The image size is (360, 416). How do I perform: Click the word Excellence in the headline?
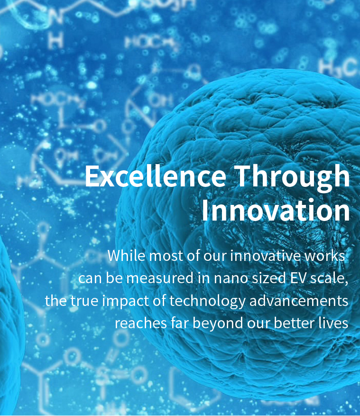pyautogui.click(x=156, y=176)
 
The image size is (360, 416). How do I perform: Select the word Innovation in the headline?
pyautogui.click(x=276, y=210)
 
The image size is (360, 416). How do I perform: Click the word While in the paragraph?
pyautogui.click(x=127, y=256)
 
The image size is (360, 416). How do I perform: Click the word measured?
pyautogui.click(x=160, y=278)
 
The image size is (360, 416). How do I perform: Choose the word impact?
pyautogui.click(x=126, y=301)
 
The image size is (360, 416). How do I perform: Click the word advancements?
pyautogui.click(x=299, y=301)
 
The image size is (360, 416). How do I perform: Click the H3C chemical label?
pyautogui.click(x=338, y=67)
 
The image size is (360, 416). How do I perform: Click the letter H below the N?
pyautogui.click(x=56, y=41)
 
